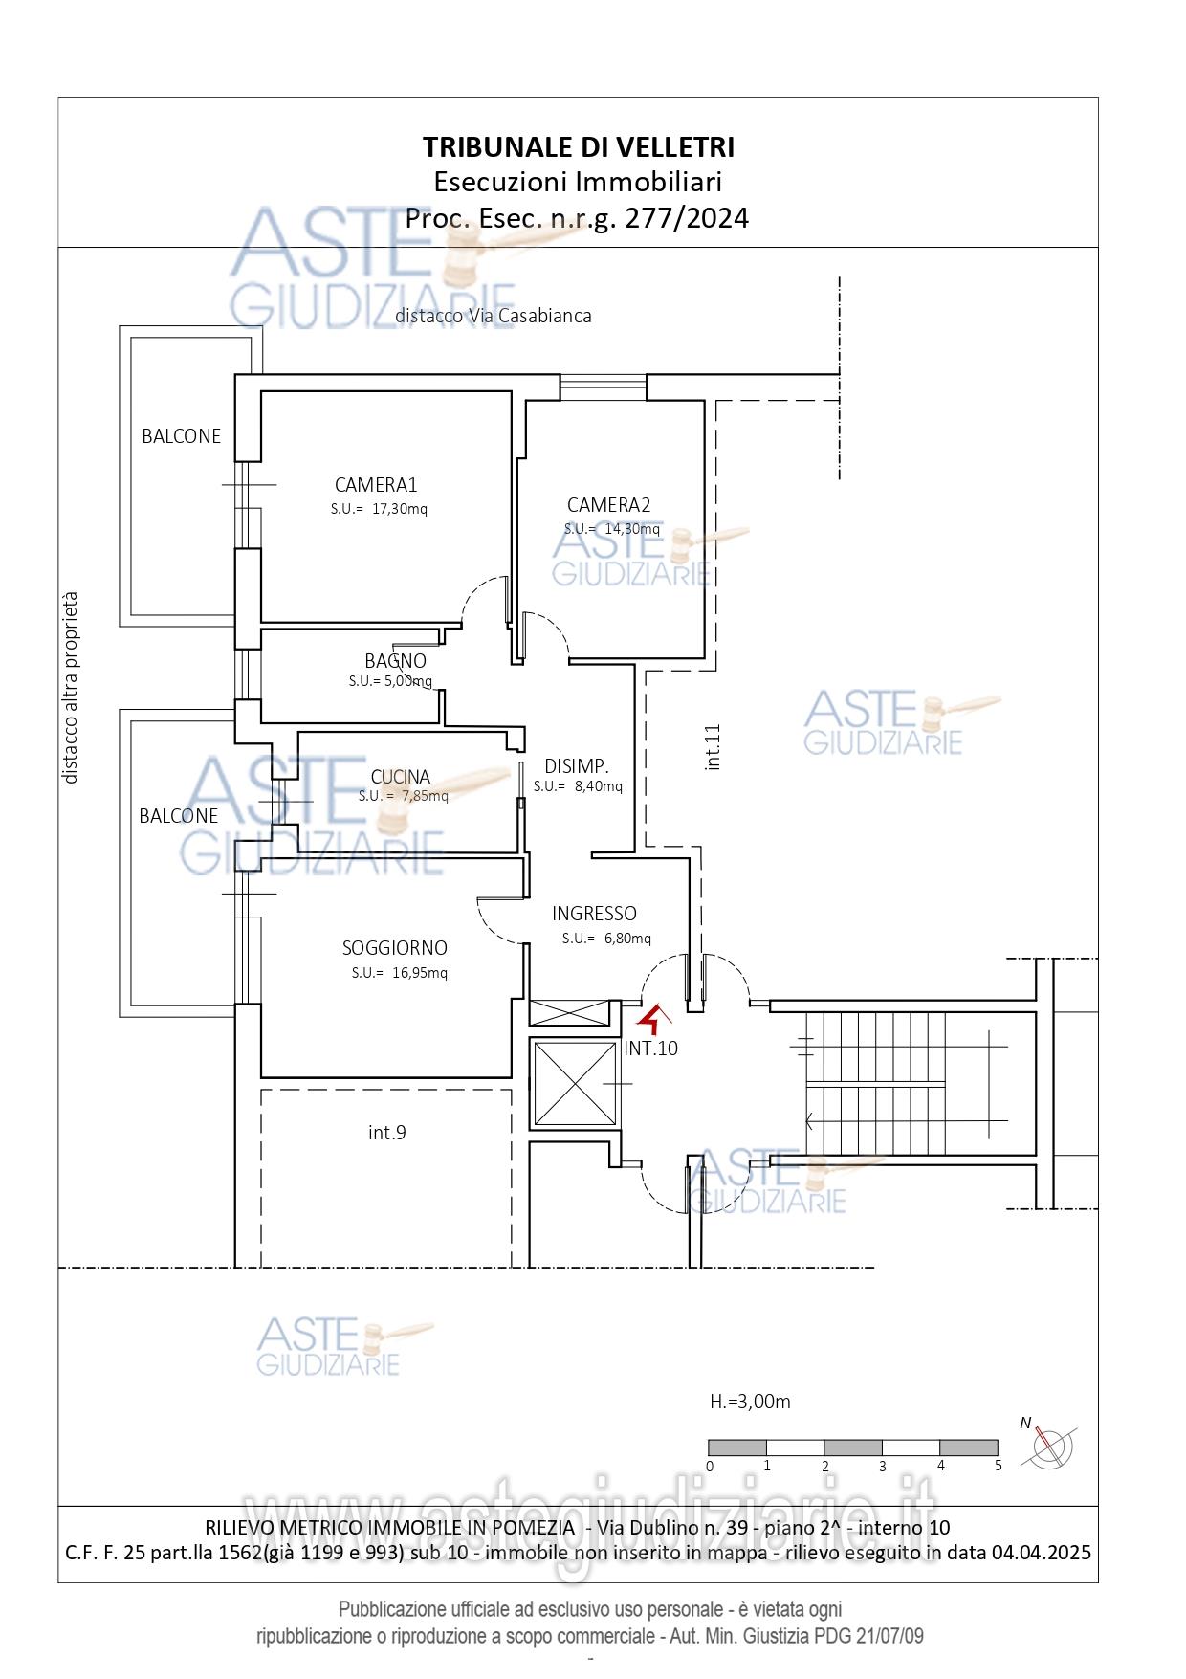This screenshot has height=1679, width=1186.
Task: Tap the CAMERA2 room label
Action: [x=608, y=505]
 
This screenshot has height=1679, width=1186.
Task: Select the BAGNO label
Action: [x=395, y=661]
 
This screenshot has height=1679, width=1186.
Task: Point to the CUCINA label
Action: [x=401, y=777]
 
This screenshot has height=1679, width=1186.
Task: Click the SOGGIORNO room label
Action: [x=395, y=948]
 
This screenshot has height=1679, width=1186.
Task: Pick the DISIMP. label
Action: [x=577, y=766]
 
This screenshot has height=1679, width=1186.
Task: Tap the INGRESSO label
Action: [x=594, y=914]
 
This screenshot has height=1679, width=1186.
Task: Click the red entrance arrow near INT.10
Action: [x=652, y=1019]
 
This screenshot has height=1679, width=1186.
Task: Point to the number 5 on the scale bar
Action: [x=998, y=1465]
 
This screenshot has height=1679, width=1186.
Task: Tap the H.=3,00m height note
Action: [x=750, y=1403]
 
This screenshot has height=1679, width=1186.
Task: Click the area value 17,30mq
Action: [x=399, y=509]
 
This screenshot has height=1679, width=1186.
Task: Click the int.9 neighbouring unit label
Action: [x=387, y=1133]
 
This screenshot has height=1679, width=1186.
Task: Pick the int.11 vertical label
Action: [x=712, y=747]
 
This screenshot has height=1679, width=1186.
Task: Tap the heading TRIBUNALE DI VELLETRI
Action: [x=579, y=147]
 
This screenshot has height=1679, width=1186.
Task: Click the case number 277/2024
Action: [x=687, y=218]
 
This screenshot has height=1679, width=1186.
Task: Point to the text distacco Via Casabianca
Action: [x=494, y=316]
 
